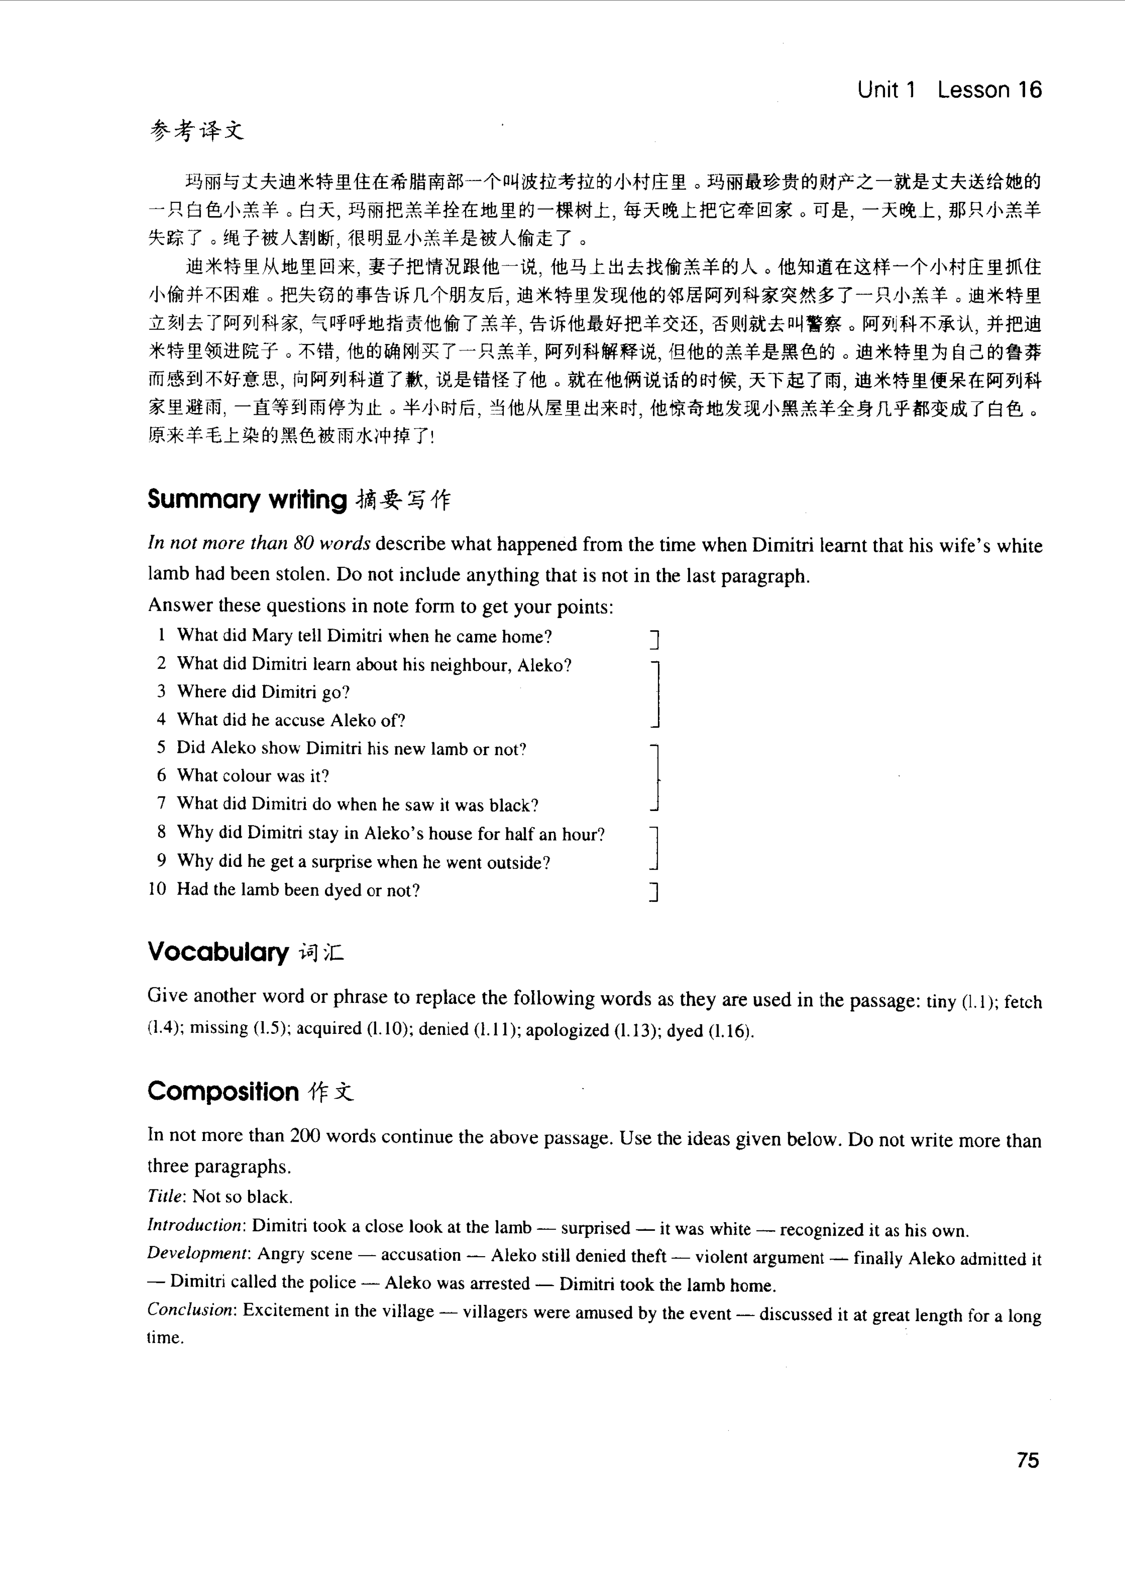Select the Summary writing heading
pos(247,499)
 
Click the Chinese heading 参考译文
pos(197,130)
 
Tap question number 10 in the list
pos(157,889)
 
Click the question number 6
pos(162,775)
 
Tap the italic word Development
pos(197,1253)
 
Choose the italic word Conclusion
pos(191,1310)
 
